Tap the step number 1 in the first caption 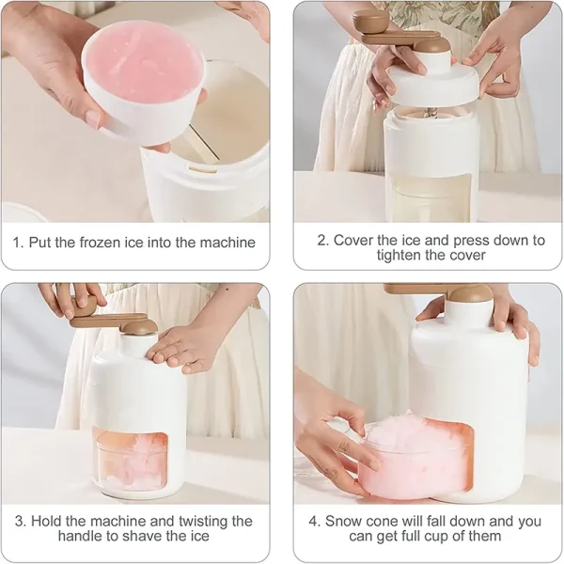pyautogui.click(x=17, y=243)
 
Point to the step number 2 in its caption pyautogui.click(x=321, y=241)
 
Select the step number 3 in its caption pyautogui.click(x=19, y=521)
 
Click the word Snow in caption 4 pyautogui.click(x=345, y=521)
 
